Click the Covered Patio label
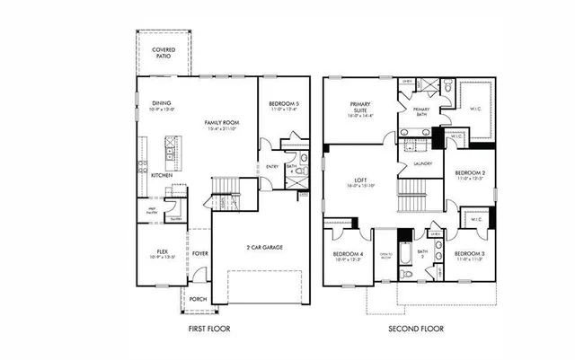164,53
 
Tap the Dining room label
162,103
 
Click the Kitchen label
162,175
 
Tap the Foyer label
199,253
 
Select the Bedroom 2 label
470,172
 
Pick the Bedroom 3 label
470,255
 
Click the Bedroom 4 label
347,255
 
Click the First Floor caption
208,329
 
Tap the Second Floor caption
416,329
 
